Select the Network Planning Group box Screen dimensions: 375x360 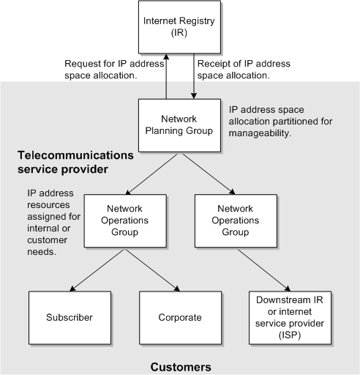[180, 125]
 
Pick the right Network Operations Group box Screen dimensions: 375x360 [231, 219]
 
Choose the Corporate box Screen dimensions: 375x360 [180, 318]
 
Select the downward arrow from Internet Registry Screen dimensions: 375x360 [193, 77]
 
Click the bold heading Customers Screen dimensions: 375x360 [181, 365]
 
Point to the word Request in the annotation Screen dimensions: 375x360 [83, 63]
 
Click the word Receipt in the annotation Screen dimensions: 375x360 [214, 63]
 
